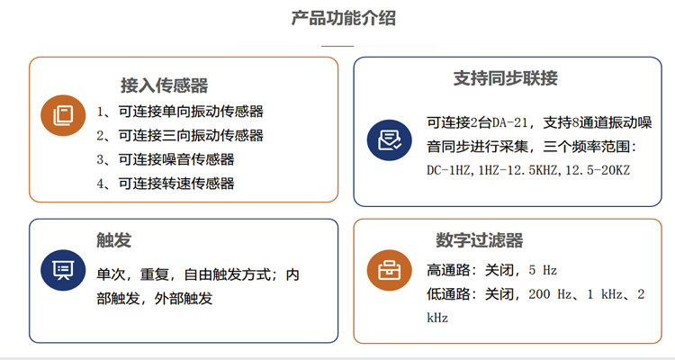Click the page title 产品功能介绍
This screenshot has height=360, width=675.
[343, 18]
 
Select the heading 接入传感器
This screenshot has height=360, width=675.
[165, 85]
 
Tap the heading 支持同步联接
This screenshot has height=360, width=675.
[505, 78]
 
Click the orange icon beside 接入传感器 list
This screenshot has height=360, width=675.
[63, 114]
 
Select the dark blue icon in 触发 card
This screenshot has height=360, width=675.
[63, 269]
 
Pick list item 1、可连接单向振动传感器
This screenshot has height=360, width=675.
[180, 112]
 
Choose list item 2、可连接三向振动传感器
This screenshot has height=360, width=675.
[180, 136]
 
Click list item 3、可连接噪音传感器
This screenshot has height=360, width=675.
[166, 159]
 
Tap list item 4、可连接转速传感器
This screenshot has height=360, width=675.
[166, 184]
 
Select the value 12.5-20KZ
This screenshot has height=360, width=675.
[596, 170]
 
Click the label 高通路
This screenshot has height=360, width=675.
[448, 270]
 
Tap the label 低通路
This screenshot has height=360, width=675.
[448, 294]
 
